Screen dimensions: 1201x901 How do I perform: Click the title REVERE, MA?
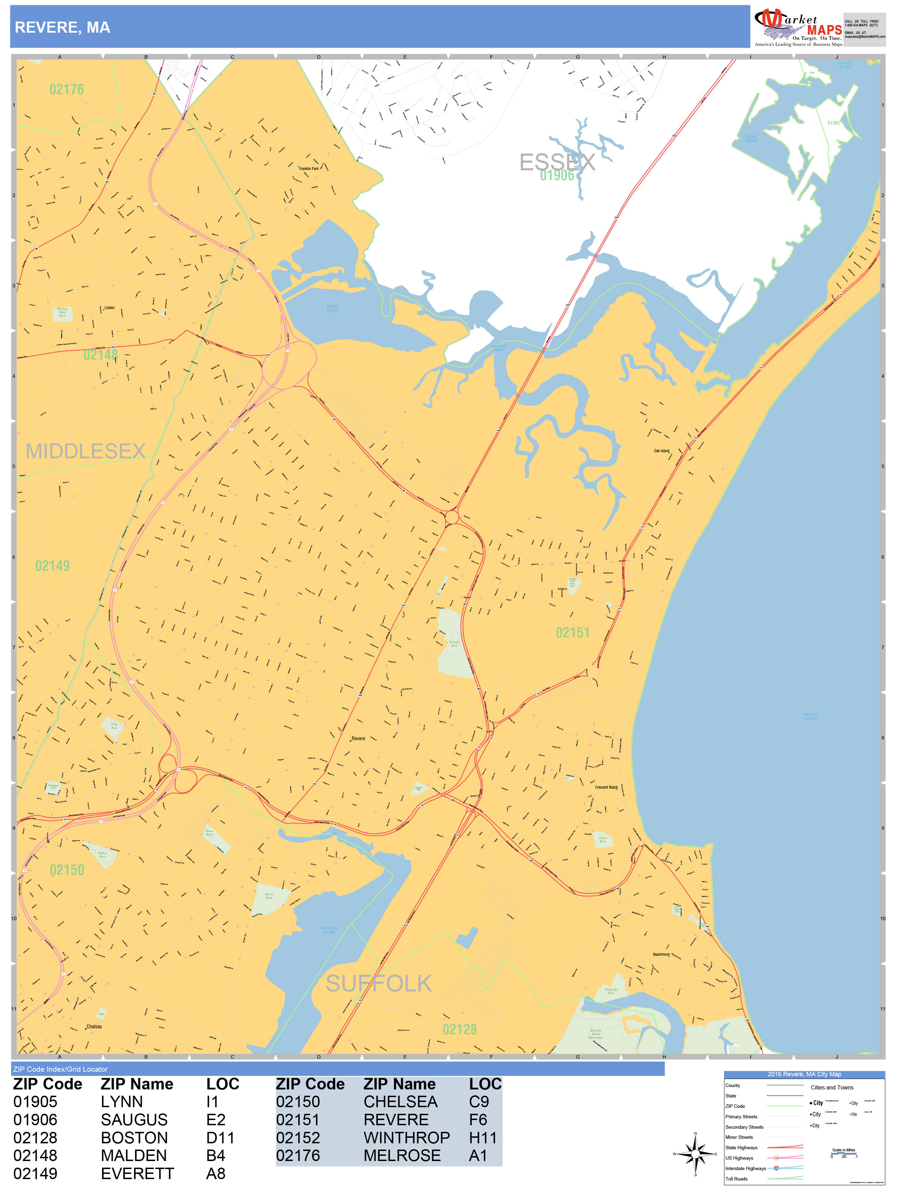click(x=63, y=28)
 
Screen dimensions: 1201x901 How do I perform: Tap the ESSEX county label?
click(x=557, y=162)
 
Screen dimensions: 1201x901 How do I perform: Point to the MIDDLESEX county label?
click(x=86, y=451)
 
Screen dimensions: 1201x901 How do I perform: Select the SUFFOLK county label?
click(x=379, y=983)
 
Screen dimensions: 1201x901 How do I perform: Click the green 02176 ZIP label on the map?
click(x=66, y=89)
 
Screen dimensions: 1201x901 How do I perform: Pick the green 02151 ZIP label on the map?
click(x=573, y=632)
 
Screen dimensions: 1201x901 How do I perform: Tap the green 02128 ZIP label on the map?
click(x=460, y=1029)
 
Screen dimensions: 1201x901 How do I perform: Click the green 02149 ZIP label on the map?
click(x=52, y=566)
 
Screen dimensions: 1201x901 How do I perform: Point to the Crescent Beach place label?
click(x=606, y=787)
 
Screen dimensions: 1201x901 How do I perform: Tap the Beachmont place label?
click(x=660, y=954)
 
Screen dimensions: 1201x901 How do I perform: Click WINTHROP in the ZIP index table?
click(x=406, y=1137)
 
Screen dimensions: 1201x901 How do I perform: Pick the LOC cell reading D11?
click(x=220, y=1137)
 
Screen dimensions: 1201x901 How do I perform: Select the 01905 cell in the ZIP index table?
click(x=35, y=1102)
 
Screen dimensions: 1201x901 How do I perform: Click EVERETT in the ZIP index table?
click(x=137, y=1173)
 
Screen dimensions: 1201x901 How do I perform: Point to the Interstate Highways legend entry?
click(x=745, y=1168)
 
